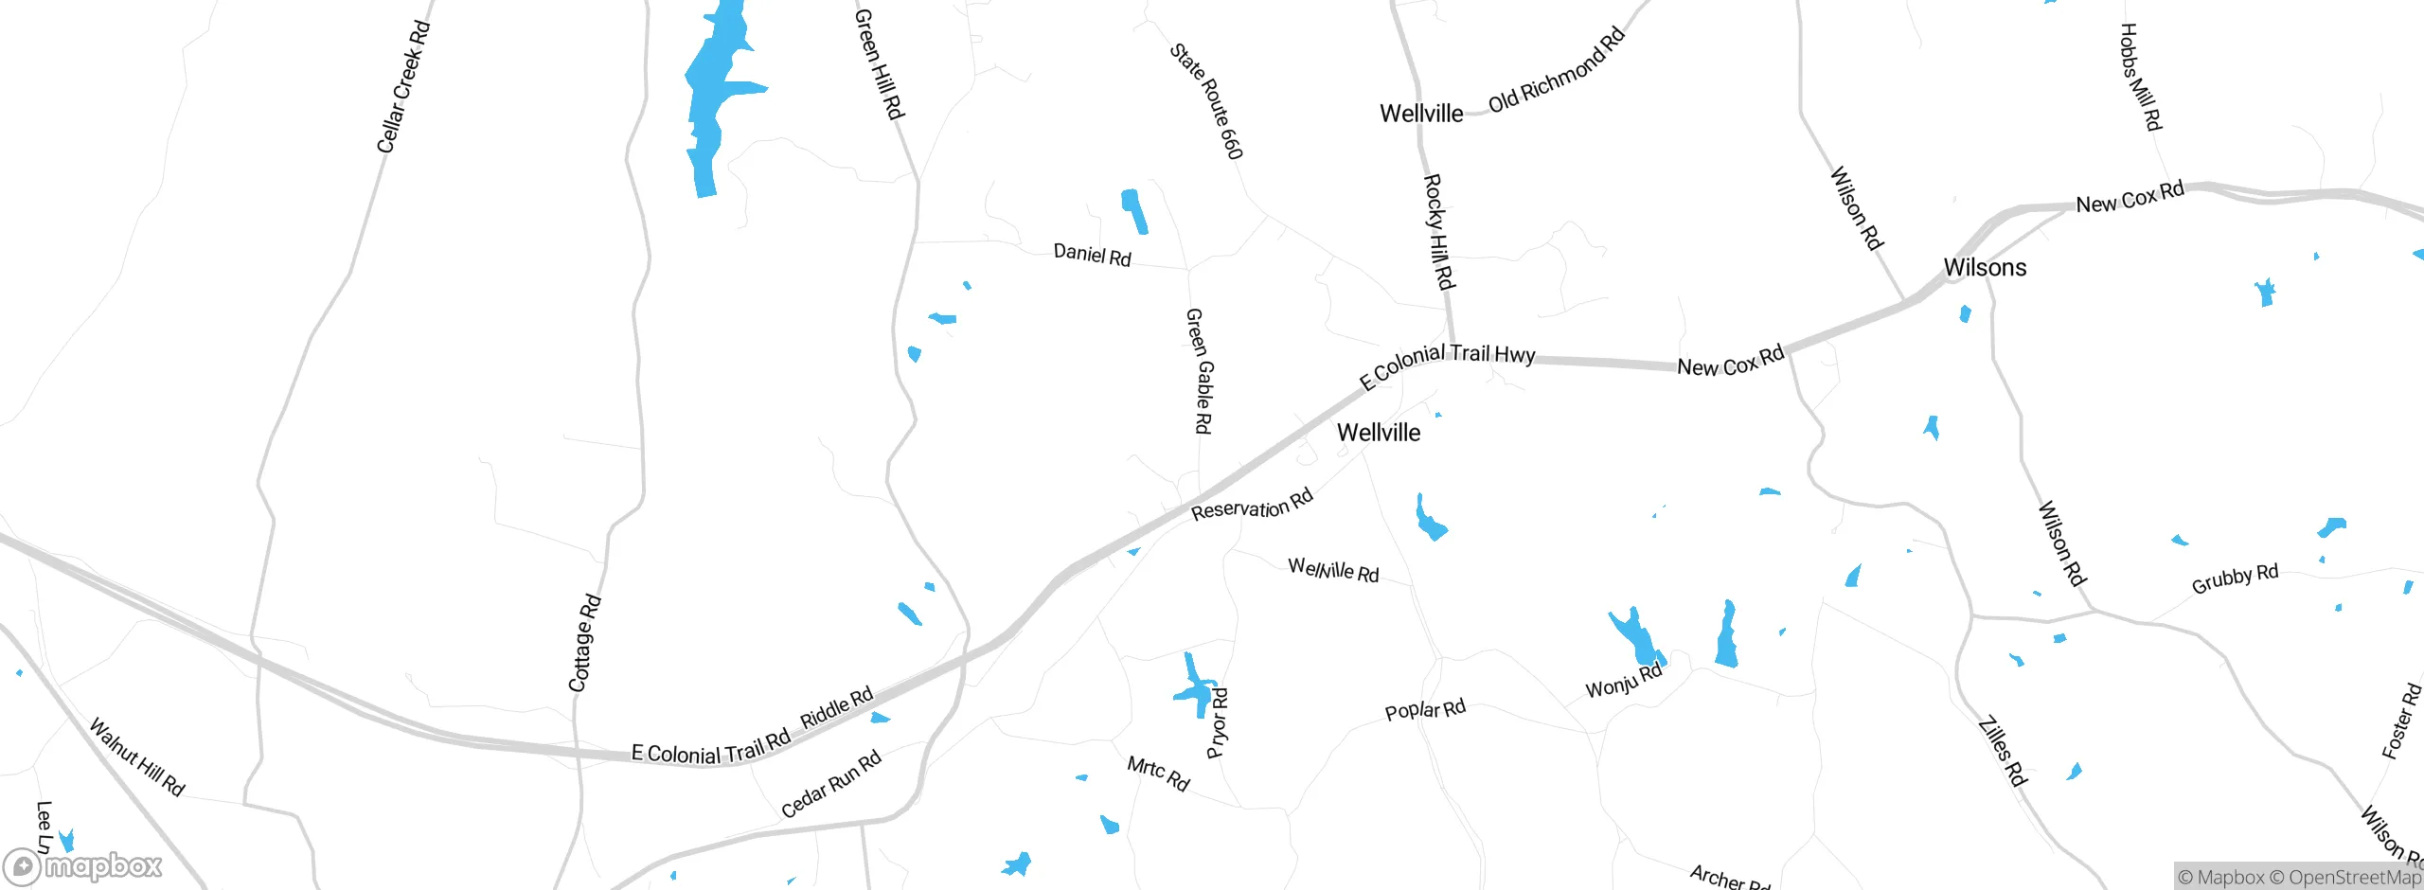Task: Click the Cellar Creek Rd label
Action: click(x=403, y=87)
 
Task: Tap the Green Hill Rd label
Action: click(x=880, y=64)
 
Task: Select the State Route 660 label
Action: click(x=1206, y=101)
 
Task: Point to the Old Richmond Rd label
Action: click(x=1557, y=70)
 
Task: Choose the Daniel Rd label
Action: click(x=1092, y=255)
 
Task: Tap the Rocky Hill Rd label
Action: click(x=1439, y=231)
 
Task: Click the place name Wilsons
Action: click(x=1985, y=268)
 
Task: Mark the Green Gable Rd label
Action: click(x=1199, y=371)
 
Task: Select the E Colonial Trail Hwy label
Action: click(x=1447, y=365)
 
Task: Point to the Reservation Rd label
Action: click(x=1252, y=506)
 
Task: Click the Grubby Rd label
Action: click(x=2235, y=578)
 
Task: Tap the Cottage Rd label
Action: click(x=585, y=643)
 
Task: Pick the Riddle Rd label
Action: click(x=837, y=708)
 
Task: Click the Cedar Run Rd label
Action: click(x=831, y=784)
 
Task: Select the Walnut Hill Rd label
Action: click(x=137, y=756)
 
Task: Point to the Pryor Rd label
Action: click(x=1219, y=723)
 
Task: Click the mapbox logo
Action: click(x=83, y=866)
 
